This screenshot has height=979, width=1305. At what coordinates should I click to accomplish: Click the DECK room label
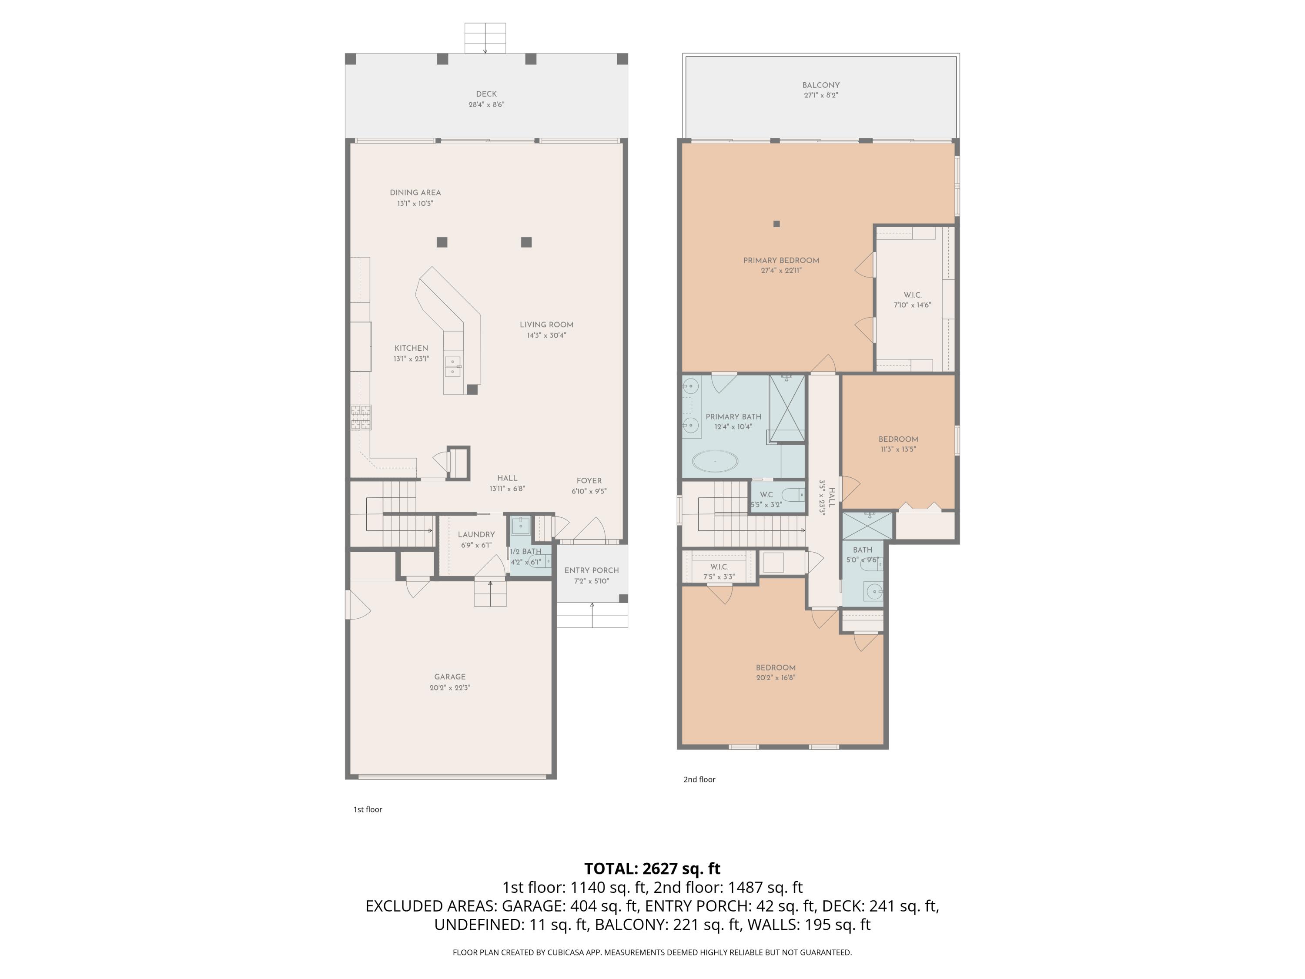tap(486, 94)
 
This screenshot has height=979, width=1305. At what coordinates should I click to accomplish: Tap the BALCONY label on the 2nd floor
tap(821, 85)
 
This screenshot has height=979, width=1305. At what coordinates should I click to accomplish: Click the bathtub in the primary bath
tap(714, 461)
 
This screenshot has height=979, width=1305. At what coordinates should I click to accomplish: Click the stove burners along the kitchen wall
tap(361, 417)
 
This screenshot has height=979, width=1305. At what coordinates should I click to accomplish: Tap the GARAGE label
tap(449, 677)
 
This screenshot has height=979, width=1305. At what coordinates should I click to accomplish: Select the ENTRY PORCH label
tap(591, 570)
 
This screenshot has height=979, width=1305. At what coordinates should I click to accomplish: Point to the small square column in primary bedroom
tap(776, 224)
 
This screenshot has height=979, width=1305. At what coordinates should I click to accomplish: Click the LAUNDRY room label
tap(476, 534)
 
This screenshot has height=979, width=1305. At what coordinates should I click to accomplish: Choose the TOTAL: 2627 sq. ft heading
tap(652, 868)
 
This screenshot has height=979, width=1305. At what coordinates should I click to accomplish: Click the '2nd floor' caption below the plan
tap(699, 780)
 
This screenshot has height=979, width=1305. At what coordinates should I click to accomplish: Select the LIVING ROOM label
tap(546, 325)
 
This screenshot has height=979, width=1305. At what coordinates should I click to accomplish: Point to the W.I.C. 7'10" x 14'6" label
tap(912, 300)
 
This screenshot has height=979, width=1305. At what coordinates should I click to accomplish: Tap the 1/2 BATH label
tap(525, 552)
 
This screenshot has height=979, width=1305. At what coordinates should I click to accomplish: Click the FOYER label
tap(589, 481)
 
